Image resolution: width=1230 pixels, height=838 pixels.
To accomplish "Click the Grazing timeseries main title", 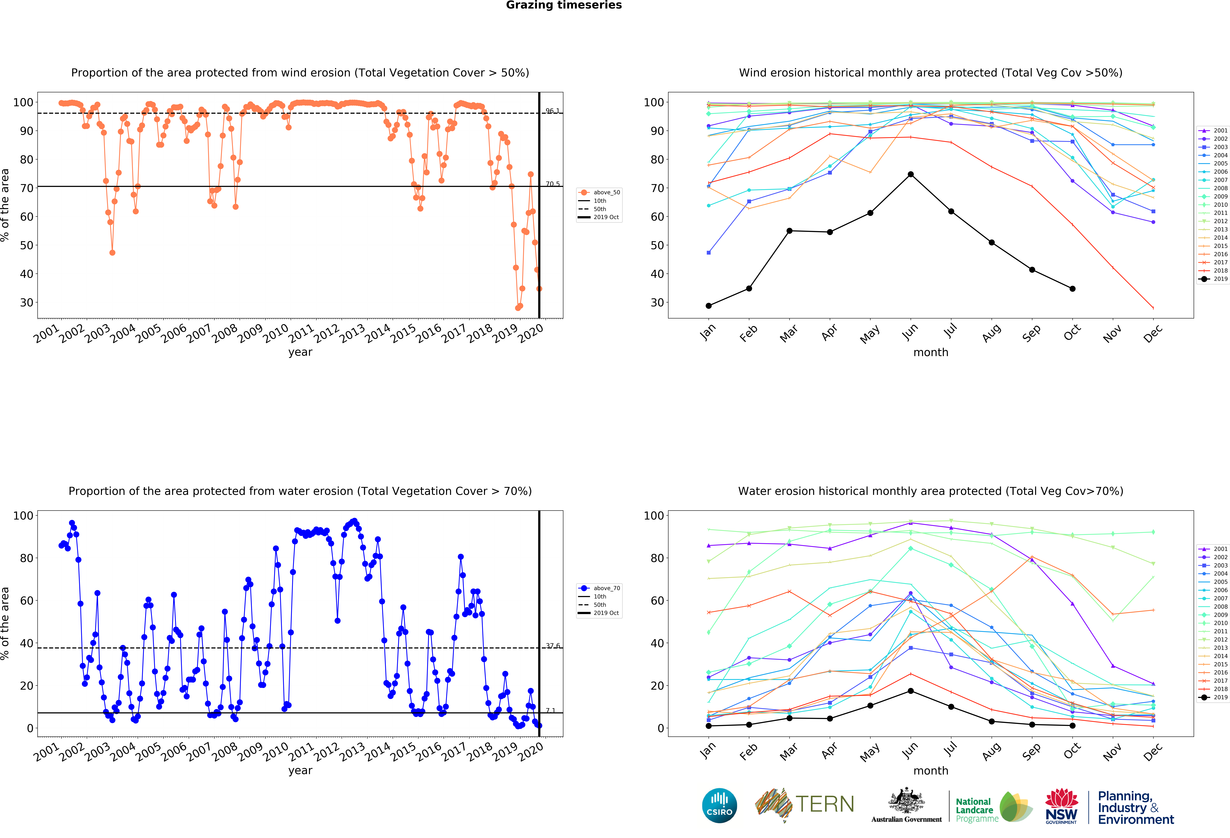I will tap(564, 5).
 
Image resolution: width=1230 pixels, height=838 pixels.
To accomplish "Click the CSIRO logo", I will tap(719, 806).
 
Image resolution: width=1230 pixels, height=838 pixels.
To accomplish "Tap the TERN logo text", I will tap(825, 804).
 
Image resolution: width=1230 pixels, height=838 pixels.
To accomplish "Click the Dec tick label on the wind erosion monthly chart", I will tap(1153, 333).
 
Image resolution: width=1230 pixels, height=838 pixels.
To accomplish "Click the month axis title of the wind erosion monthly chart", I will tap(930, 352).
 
